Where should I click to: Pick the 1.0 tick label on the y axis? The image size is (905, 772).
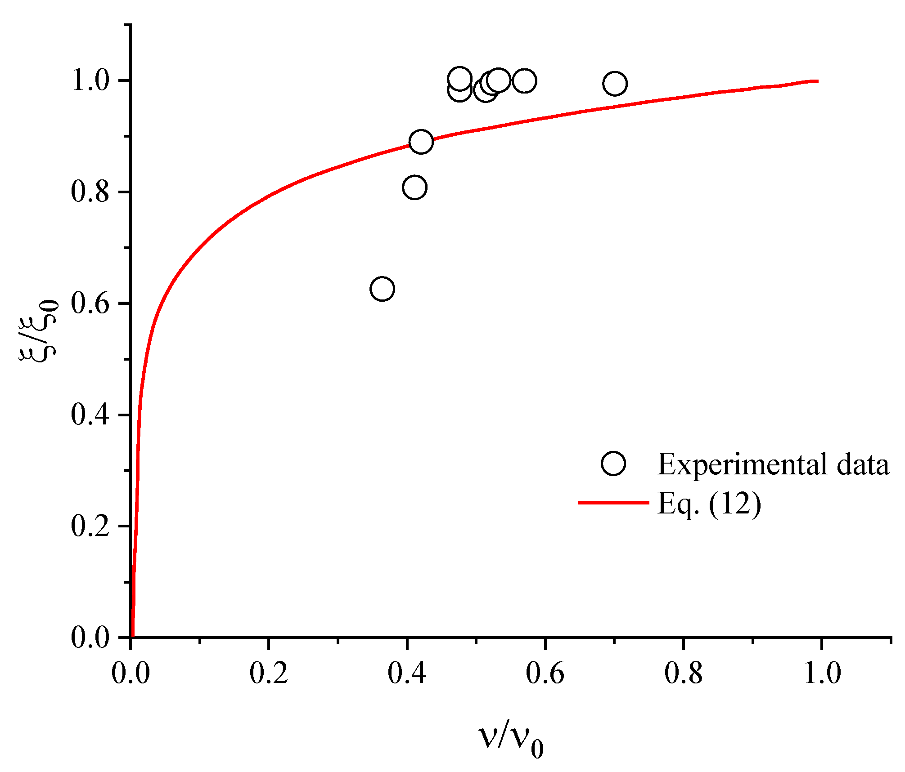[x=90, y=81]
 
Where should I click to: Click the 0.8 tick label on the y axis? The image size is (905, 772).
[x=90, y=192]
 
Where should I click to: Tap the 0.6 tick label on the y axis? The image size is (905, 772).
[x=90, y=303]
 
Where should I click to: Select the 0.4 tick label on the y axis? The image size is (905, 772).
[x=90, y=415]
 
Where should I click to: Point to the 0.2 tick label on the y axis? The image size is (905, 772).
[x=90, y=526]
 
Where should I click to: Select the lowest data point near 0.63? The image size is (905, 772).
[x=382, y=289]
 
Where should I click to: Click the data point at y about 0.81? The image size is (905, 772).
[x=414, y=187]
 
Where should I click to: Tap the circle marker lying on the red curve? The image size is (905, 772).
[x=421, y=142]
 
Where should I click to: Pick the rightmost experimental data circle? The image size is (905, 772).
[x=615, y=83]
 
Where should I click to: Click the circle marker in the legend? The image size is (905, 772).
[x=613, y=464]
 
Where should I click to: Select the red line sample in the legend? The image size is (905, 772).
[x=613, y=502]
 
